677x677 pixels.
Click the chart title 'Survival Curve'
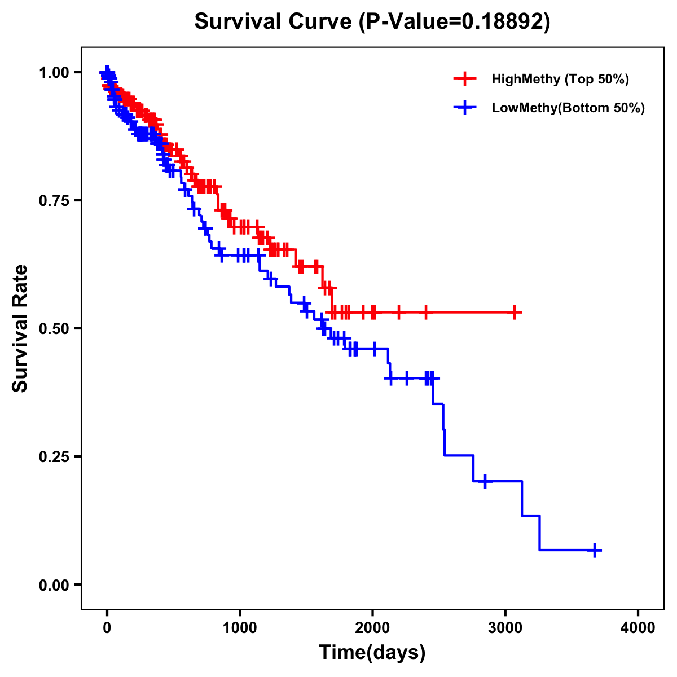(275, 21)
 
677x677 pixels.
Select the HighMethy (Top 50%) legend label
(560, 79)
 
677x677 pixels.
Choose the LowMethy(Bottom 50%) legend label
(568, 108)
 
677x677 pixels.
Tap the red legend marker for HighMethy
(465, 79)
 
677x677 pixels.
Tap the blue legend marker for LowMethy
(465, 108)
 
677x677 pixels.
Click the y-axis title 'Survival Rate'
(20, 328)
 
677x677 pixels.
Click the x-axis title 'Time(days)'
(372, 653)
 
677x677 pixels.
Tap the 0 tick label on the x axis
(107, 627)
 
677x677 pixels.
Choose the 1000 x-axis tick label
(240, 627)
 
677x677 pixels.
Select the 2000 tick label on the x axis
(372, 627)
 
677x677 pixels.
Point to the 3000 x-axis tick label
(505, 627)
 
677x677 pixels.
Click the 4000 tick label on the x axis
(638, 627)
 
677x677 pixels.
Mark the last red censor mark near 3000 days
(515, 312)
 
